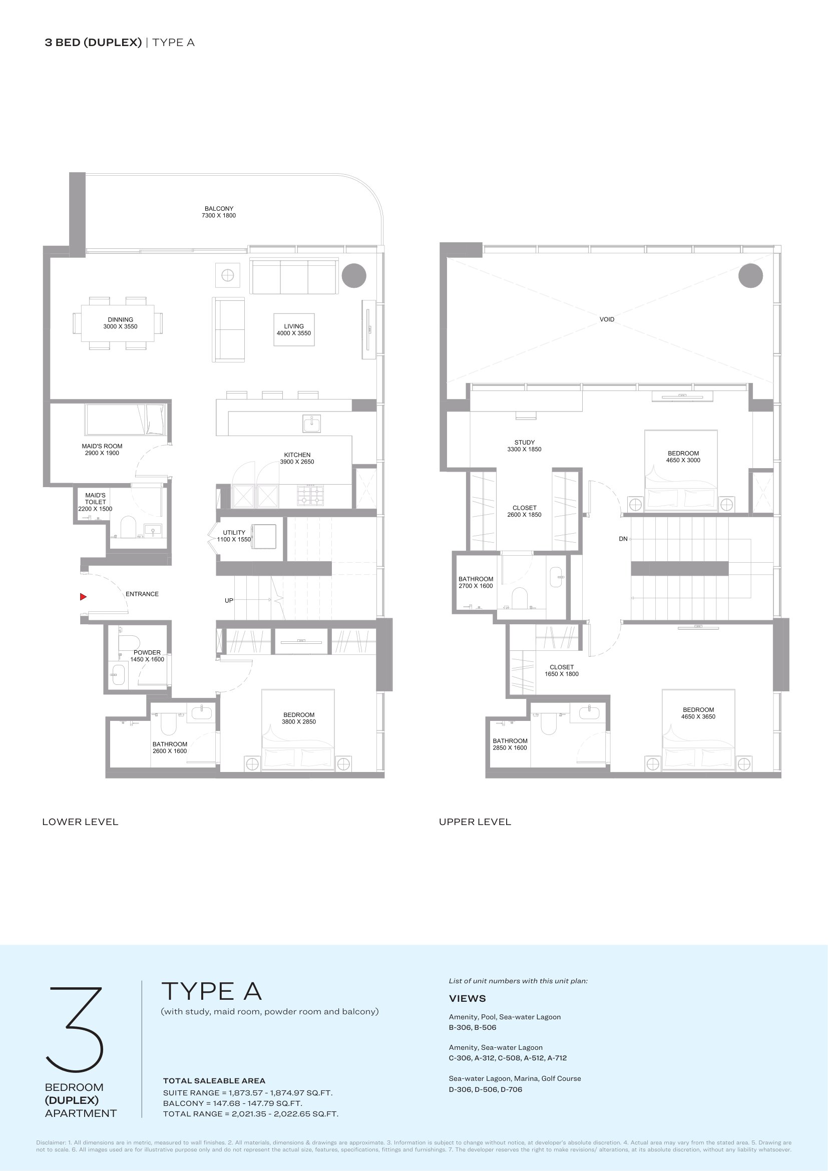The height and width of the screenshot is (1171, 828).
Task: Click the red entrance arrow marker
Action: click(x=83, y=597)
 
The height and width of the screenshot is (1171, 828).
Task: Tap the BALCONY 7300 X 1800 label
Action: click(x=219, y=212)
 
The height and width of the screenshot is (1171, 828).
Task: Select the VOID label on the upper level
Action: click(x=607, y=319)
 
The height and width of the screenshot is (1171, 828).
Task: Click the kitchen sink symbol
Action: click(x=311, y=424)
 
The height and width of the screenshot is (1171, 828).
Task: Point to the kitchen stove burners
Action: click(x=310, y=495)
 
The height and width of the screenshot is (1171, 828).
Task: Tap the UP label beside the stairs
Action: click(x=229, y=600)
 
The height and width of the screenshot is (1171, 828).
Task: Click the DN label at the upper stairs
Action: click(x=623, y=539)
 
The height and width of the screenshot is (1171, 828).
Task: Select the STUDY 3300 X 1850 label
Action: click(x=524, y=446)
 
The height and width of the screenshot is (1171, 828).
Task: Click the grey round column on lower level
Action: click(x=354, y=276)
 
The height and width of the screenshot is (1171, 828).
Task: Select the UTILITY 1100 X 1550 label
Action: click(x=234, y=536)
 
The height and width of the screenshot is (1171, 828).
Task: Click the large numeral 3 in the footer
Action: click(x=75, y=1029)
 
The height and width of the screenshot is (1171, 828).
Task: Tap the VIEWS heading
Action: click(x=467, y=998)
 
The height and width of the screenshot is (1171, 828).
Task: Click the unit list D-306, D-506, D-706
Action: click(x=486, y=1089)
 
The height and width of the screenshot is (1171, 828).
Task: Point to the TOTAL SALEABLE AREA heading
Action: click(x=214, y=1081)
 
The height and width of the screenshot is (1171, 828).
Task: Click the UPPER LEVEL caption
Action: click(x=475, y=822)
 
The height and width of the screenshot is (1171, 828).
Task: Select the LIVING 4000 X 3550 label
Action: click(x=294, y=329)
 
